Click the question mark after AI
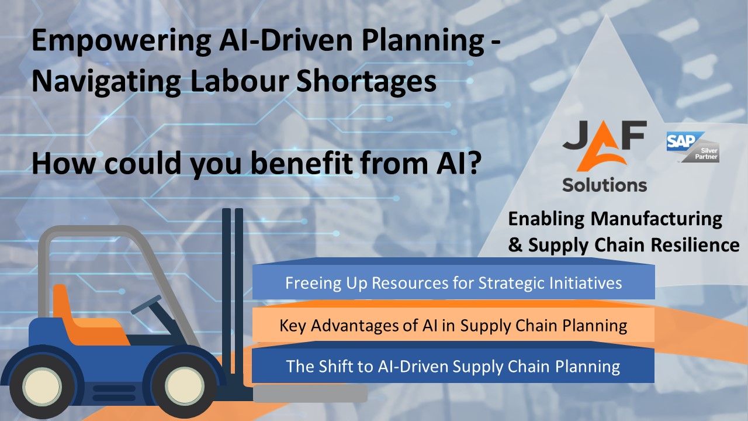pyautogui.click(x=473, y=163)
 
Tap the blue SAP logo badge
pyautogui.click(x=678, y=142)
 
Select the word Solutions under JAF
pyautogui.click(x=604, y=185)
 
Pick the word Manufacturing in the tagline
pyautogui.click(x=656, y=219)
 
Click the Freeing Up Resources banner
pyautogui.click(x=453, y=283)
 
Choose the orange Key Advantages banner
pyautogui.click(x=453, y=325)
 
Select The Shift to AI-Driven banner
pyautogui.click(x=453, y=367)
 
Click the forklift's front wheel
pyautogui.click(x=185, y=387)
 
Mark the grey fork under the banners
pyautogui.click(x=310, y=393)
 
